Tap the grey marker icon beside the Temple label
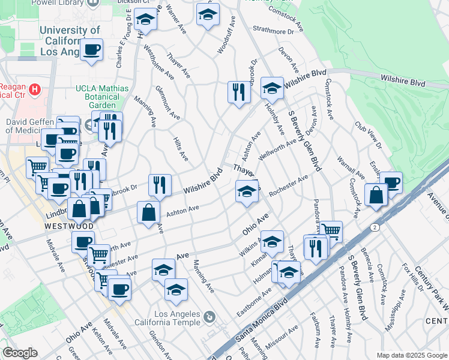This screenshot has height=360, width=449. point(209,316)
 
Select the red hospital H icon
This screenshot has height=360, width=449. point(35,90)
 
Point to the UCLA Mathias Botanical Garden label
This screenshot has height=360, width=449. point(102,97)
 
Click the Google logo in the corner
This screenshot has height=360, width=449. point(20,353)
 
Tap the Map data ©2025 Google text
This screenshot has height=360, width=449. point(411,355)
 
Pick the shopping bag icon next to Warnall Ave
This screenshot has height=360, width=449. point(376,194)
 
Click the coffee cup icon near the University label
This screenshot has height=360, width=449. point(91,49)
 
